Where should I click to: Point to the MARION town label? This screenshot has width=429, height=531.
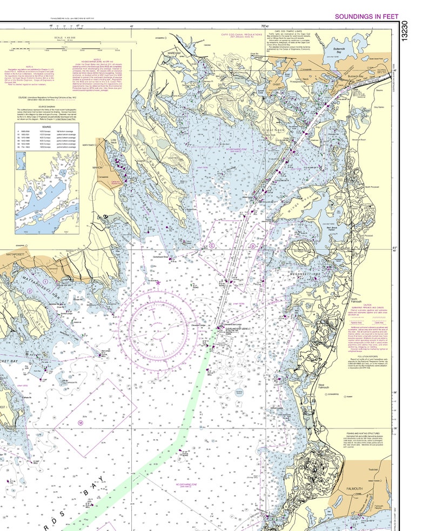pyautogui.click(x=97, y=168)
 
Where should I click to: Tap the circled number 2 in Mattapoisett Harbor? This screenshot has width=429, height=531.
pyautogui.click(x=30, y=291)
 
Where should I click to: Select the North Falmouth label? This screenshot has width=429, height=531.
pyautogui.click(x=354, y=301)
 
